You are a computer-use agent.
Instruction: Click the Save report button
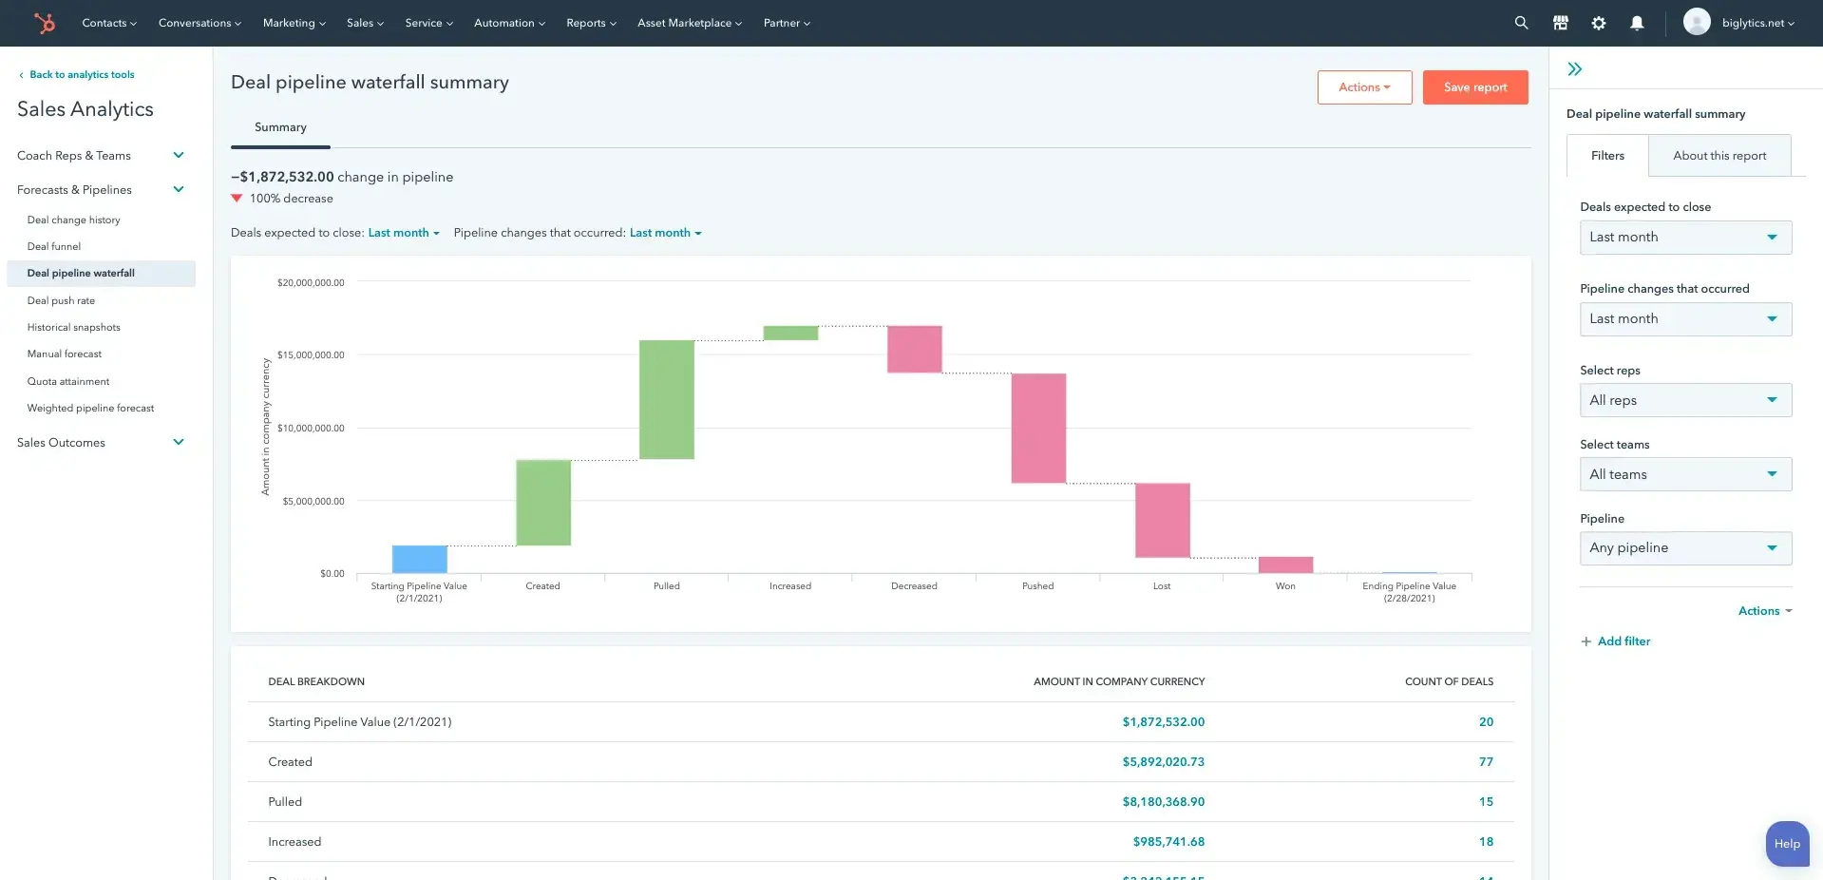[1474, 87]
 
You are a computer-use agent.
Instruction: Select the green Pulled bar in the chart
[666, 399]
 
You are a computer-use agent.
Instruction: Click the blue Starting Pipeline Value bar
[419, 559]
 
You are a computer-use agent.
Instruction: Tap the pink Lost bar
[1162, 520]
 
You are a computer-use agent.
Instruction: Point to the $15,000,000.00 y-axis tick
[311, 355]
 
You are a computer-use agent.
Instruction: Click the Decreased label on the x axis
[914, 586]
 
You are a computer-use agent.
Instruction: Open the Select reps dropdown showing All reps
[1684, 400]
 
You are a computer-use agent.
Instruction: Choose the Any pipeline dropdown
[1684, 548]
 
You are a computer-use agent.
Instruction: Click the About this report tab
[1719, 156]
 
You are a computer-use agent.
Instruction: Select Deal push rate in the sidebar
[61, 300]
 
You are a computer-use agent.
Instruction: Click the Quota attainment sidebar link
[68, 381]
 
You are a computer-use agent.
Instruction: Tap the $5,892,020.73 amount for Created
[1163, 762]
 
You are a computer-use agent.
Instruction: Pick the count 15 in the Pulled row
[1486, 802]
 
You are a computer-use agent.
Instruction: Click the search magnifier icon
[1521, 23]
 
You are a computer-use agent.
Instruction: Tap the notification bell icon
[1637, 23]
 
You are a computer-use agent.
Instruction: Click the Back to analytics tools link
[81, 74]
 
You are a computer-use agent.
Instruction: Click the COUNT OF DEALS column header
[1449, 681]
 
